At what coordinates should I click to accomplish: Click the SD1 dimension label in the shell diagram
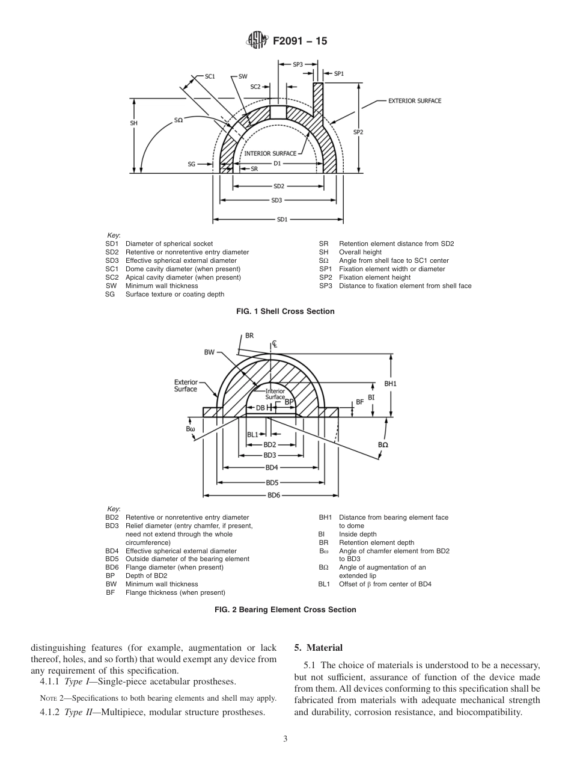pyautogui.click(x=281, y=220)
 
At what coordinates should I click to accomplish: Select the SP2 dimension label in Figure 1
pyautogui.click(x=358, y=132)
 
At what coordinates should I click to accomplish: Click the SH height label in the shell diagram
pyautogui.click(x=134, y=123)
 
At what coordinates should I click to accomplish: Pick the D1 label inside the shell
pyautogui.click(x=277, y=163)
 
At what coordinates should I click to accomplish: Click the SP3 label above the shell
pyautogui.click(x=298, y=64)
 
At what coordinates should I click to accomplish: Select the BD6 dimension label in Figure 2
pyautogui.click(x=273, y=495)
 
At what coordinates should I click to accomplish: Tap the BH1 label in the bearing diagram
pyautogui.click(x=391, y=383)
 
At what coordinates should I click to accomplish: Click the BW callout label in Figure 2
pyautogui.click(x=209, y=353)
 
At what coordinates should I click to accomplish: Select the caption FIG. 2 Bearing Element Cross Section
pyautogui.click(x=285, y=609)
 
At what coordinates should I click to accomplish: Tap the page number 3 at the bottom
pyautogui.click(x=285, y=739)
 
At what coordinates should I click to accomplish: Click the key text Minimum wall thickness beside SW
pyautogui.click(x=161, y=286)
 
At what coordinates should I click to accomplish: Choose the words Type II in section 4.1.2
pyautogui.click(x=81, y=712)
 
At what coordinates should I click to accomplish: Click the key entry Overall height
pyautogui.click(x=360, y=253)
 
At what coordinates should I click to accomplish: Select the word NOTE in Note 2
pyautogui.click(x=47, y=699)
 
